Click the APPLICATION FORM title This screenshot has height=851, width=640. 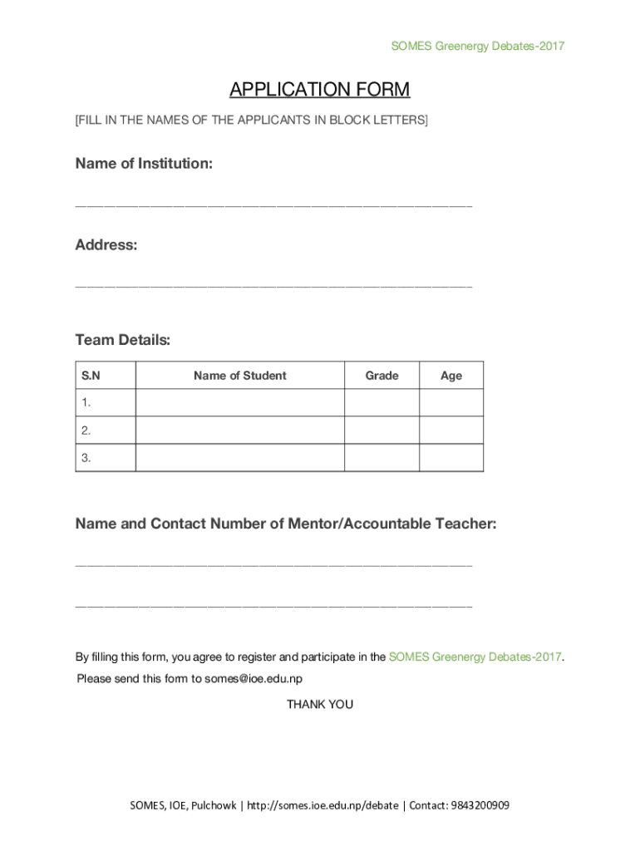point(319,90)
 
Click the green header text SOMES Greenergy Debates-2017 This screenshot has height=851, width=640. point(477,46)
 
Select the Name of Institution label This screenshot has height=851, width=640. point(144,164)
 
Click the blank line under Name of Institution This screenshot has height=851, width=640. point(273,204)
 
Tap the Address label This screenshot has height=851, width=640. point(106,245)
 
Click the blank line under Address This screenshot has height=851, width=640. point(273,286)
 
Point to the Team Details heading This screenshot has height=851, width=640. point(122,340)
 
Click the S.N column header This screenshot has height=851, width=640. point(91,376)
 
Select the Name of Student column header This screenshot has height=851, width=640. point(239,376)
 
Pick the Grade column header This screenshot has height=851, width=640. point(382,376)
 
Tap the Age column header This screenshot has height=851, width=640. point(451,376)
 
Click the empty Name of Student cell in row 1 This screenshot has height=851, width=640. point(239,403)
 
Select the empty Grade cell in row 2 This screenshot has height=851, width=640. point(382,430)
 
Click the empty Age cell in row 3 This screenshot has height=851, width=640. point(451,458)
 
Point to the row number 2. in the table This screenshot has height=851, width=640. point(86,430)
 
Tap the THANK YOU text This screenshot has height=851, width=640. point(320,704)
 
